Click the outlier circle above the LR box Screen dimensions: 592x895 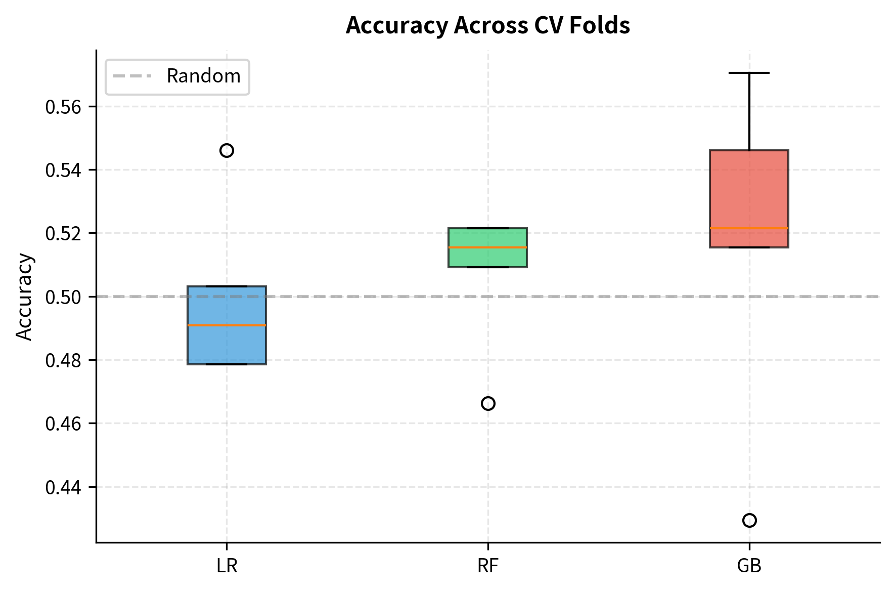[x=227, y=150]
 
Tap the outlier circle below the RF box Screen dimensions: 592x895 [x=488, y=403]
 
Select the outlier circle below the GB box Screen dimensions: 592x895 [x=749, y=520]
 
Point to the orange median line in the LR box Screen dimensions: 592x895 [x=227, y=325]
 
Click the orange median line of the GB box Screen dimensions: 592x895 [x=749, y=229]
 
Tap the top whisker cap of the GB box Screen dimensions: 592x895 [x=749, y=73]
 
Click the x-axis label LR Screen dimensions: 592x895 [x=227, y=566]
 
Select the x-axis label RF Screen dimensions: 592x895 [x=488, y=566]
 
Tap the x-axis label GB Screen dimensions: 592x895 [x=749, y=566]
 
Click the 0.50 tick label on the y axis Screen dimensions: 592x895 [x=63, y=297]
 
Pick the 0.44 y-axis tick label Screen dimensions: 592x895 [x=63, y=487]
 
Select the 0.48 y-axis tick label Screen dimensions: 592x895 [x=63, y=360]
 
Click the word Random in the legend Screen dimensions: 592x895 [x=203, y=76]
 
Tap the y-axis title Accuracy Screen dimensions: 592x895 [x=24, y=297]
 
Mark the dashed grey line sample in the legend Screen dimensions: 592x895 [x=132, y=76]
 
